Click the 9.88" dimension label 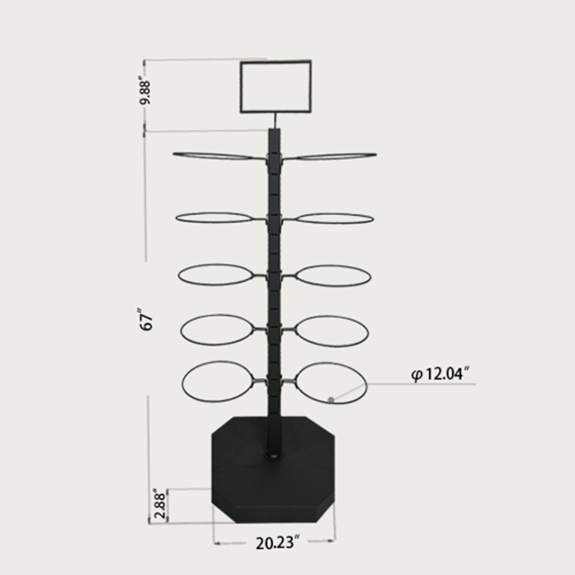point(145,91)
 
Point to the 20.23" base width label point(277,543)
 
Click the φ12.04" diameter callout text point(441,374)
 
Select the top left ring point(213,153)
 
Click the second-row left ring point(214,213)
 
